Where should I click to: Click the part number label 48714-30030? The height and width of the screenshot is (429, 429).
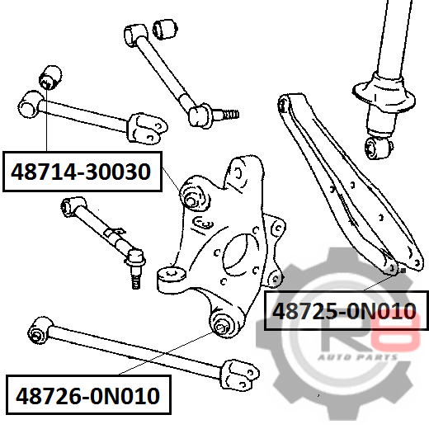click(x=81, y=172)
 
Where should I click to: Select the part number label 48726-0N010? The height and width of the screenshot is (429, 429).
click(x=88, y=396)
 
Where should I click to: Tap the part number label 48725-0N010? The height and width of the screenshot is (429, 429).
click(x=344, y=311)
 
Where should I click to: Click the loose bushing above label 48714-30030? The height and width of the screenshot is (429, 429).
click(x=50, y=77)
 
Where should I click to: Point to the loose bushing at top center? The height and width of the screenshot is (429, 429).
click(x=165, y=29)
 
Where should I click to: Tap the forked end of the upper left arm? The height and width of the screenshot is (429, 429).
click(x=148, y=128)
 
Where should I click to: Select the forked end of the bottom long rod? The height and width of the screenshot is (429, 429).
click(x=240, y=375)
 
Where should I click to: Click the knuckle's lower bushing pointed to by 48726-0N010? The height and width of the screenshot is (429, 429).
click(x=222, y=326)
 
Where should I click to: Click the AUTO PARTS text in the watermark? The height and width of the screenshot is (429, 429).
click(x=357, y=357)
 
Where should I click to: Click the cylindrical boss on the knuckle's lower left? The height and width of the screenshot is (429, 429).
click(x=172, y=278)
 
